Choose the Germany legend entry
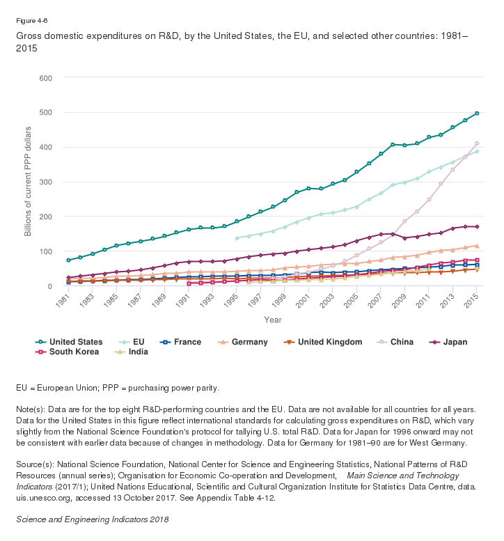coord(244,342)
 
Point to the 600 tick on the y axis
coord(45,77)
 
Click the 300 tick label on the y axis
coord(45,182)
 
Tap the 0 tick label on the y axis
coord(50,286)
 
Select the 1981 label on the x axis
coord(64,301)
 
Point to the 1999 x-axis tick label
coord(281,301)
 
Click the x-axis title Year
coord(272,320)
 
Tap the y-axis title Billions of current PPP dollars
coord(29,181)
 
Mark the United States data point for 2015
coord(477,113)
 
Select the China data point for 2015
coord(477,143)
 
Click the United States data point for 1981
coord(68,260)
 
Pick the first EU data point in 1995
coord(237,238)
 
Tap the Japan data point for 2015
coord(477,227)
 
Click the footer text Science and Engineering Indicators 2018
coord(92,519)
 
